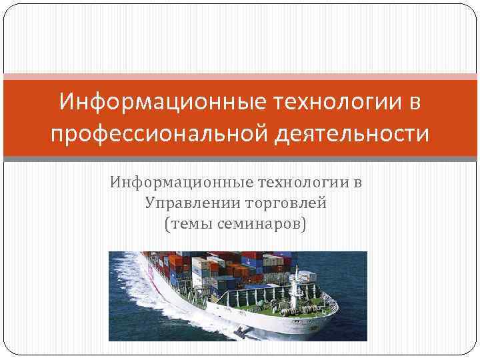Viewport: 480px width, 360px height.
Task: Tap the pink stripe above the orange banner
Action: coord(240,77)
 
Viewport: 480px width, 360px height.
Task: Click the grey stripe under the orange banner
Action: coord(240,159)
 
